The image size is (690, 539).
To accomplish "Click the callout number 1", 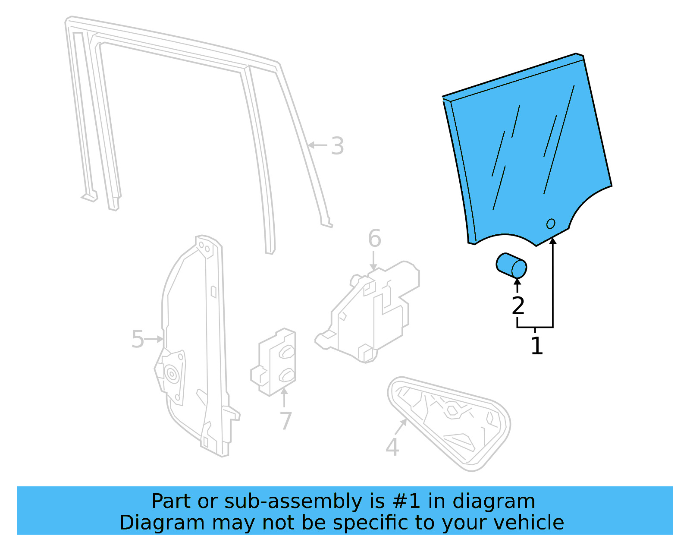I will click(536, 346).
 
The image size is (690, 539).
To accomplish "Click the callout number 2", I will click(518, 306).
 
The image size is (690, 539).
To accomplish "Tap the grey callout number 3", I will click(338, 146).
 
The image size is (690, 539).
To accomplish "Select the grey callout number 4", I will click(392, 447).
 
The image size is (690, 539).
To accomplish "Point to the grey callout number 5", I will click(137, 339).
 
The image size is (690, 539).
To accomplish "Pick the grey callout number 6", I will click(374, 239).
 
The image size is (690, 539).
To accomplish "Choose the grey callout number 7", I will click(285, 421).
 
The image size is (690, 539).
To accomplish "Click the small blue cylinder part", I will click(511, 265).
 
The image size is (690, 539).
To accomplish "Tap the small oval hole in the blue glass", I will click(551, 224).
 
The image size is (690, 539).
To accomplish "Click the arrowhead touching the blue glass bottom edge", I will click(553, 240).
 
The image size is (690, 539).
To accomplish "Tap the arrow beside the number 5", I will click(154, 339).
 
